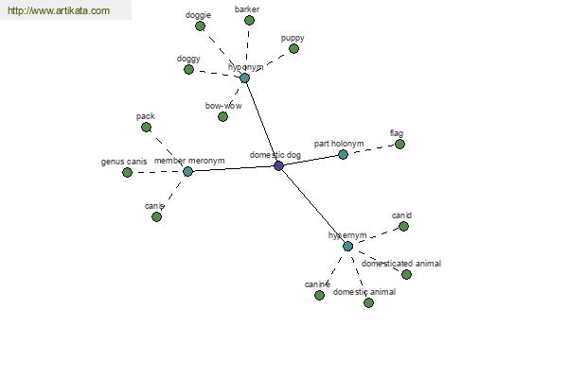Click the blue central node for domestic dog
(x=278, y=166)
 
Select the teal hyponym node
(x=245, y=77)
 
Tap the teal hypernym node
(x=347, y=247)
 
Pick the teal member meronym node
(x=187, y=171)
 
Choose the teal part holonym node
(x=343, y=155)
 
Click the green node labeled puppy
(x=293, y=48)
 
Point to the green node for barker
(x=249, y=20)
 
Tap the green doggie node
(x=200, y=26)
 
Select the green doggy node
(x=188, y=69)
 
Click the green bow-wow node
(x=222, y=116)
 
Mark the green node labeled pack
(x=146, y=128)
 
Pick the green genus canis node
(x=127, y=173)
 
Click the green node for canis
(x=156, y=217)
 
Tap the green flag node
(x=399, y=145)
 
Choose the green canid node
(x=403, y=227)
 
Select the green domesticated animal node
(x=406, y=275)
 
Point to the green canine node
(x=319, y=296)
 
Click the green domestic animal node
(x=368, y=302)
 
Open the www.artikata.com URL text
(x=59, y=10)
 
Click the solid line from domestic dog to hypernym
(x=313, y=206)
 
